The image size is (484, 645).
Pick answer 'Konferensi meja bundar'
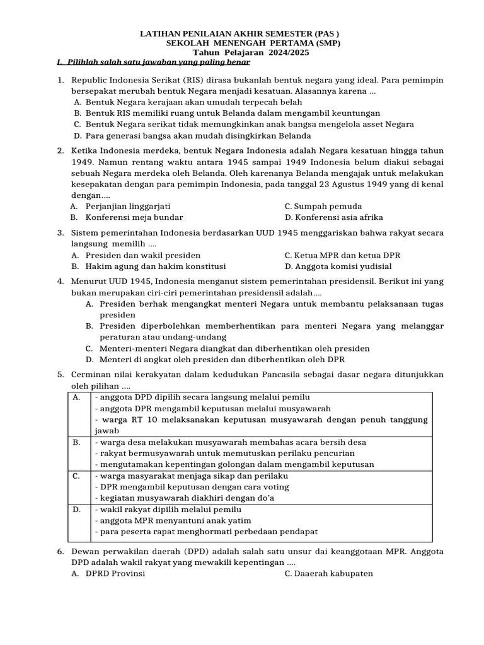click(134, 217)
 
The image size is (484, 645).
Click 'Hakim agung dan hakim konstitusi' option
click(156, 266)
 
